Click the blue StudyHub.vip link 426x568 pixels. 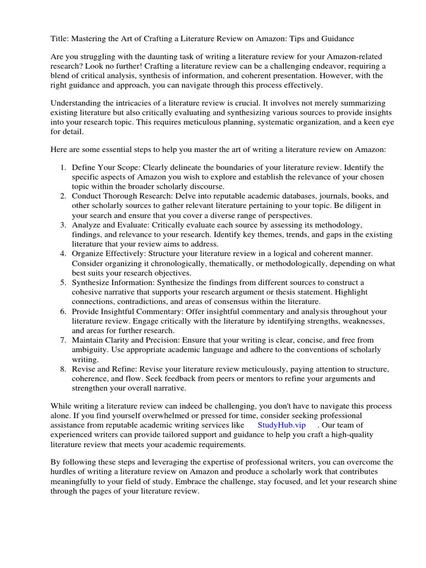pos(282,425)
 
